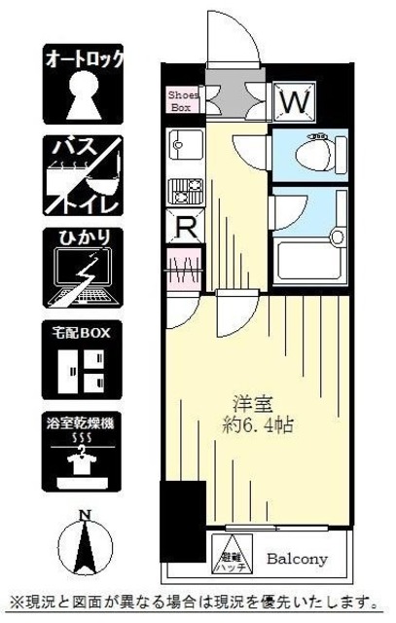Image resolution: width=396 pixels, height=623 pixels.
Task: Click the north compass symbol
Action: [85, 546]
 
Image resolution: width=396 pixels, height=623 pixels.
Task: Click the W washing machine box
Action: [294, 100]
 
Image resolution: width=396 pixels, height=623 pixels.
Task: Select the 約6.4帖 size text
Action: [256, 425]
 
